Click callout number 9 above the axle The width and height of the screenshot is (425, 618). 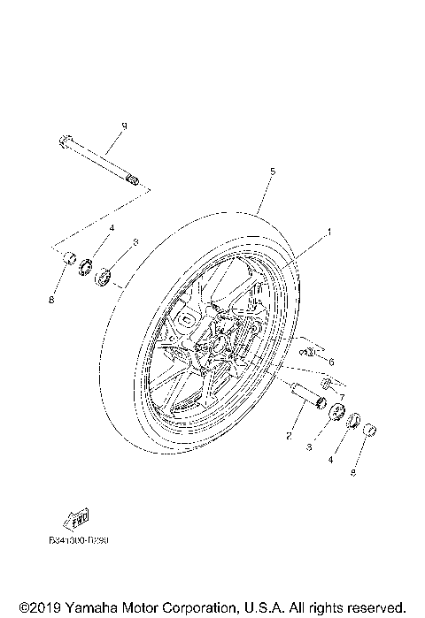pyautogui.click(x=124, y=126)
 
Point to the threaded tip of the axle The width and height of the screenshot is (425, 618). pyautogui.click(x=134, y=181)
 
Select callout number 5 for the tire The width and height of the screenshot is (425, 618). pyautogui.click(x=273, y=170)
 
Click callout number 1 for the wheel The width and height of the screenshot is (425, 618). pyautogui.click(x=329, y=233)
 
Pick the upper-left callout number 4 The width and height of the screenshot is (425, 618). pyautogui.click(x=112, y=228)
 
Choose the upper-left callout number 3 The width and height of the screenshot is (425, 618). pyautogui.click(x=135, y=240)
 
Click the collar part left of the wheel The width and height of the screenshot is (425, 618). pyautogui.click(x=65, y=259)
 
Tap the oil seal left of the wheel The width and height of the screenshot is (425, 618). pyautogui.click(x=87, y=266)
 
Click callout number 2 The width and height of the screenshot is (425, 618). pyautogui.click(x=289, y=434)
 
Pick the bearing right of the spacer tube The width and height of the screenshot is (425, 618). pyautogui.click(x=336, y=413)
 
